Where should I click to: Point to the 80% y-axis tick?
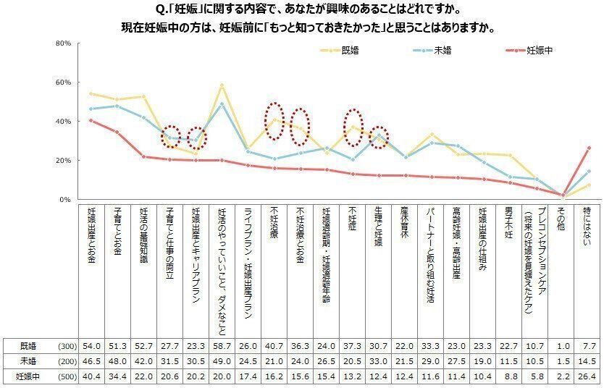(x=62, y=43)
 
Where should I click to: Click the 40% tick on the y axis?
(x=62, y=122)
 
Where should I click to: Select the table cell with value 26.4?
(x=585, y=377)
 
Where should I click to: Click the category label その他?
(x=560, y=217)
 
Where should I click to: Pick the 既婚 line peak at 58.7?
(x=222, y=85)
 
